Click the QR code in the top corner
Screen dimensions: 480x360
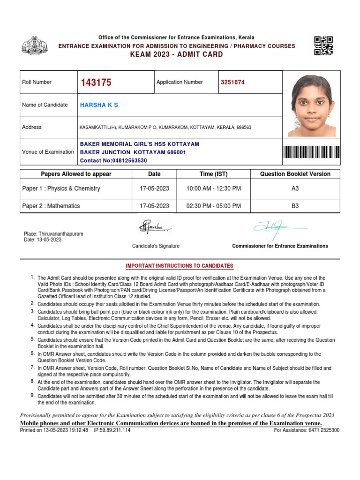tap(323, 45)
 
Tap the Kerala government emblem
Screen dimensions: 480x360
tap(34, 45)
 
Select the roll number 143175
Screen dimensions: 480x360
tap(96, 82)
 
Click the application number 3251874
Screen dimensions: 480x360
tap(233, 82)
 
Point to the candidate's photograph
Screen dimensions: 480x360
tap(312, 105)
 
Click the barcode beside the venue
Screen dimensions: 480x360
tap(311, 152)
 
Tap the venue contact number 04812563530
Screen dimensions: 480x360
tap(114, 160)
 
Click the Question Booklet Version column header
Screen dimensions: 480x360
tap(295, 174)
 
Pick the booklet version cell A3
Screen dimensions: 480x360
tap(295, 188)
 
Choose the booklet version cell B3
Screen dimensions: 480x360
tap(295, 206)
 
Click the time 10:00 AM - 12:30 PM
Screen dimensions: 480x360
tap(213, 188)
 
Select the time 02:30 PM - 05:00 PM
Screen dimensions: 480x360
tap(213, 206)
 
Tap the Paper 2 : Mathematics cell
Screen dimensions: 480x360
tap(51, 206)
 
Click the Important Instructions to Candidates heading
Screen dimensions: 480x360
tap(180, 266)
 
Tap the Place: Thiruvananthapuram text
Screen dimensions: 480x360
tap(53, 233)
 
